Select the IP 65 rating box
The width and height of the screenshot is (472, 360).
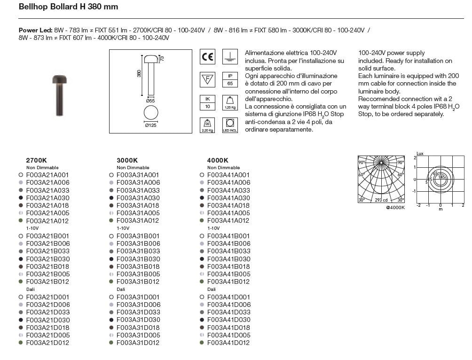coord(230,79)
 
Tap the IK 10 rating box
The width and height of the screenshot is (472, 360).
coord(207,102)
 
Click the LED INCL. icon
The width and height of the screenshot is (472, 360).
coord(230,125)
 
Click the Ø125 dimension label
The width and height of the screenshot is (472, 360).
coord(151,125)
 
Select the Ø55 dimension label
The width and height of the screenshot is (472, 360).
coord(150,101)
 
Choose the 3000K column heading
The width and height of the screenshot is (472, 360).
coord(127,160)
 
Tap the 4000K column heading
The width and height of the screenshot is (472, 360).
coord(218,160)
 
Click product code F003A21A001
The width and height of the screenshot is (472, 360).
coord(47,175)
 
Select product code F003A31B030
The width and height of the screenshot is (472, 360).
coord(138,259)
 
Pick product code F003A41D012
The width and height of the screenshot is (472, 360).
coord(228,343)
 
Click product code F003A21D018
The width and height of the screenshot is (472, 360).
coord(47,328)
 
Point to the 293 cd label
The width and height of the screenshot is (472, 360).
coord(381,200)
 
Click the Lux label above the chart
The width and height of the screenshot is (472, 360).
coord(420,154)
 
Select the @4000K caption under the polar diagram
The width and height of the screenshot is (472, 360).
coord(395,207)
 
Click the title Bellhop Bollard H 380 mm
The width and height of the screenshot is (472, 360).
coord(68,7)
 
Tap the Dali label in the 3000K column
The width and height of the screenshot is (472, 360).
coord(121,290)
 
